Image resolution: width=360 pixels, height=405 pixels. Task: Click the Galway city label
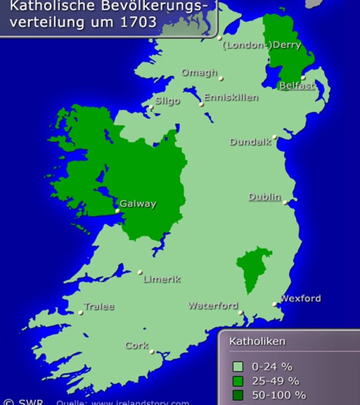click(138, 204)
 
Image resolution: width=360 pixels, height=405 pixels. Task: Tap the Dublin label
click(264, 197)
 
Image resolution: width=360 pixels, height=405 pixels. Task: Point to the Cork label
click(136, 345)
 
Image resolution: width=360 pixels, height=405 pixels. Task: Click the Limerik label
click(162, 278)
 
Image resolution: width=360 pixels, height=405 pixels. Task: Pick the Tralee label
click(99, 307)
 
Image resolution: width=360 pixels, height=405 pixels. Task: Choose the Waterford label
click(213, 305)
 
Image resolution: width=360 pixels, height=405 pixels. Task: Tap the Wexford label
click(300, 298)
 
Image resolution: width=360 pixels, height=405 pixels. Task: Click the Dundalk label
click(250, 141)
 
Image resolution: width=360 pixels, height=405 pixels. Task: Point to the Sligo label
click(167, 101)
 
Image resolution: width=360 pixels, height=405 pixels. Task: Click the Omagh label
click(200, 72)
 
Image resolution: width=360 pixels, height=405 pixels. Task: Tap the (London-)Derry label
click(262, 45)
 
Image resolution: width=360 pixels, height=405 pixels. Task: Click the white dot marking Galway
click(117, 210)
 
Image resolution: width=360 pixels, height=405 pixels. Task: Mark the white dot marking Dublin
click(285, 202)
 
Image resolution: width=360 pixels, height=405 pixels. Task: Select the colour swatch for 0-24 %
click(238, 366)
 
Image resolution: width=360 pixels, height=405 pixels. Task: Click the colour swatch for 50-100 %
click(238, 394)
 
